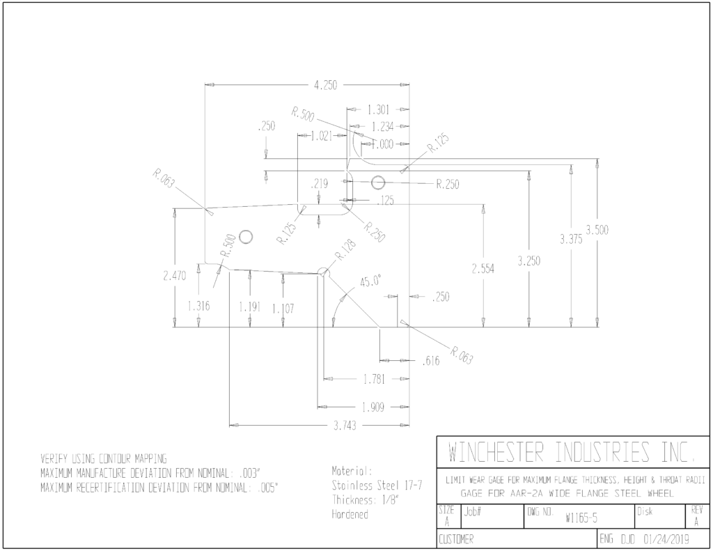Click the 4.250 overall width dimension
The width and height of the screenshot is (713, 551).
pos(326,85)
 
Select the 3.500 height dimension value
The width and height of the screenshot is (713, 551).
pos(597,230)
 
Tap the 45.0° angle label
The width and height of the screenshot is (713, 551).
pos(370,281)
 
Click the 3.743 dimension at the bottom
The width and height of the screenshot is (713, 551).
pos(345,426)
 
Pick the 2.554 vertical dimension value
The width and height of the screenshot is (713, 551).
pos(483,269)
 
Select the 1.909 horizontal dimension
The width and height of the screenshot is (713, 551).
pos(373,408)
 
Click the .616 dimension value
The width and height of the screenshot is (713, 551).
pos(430,361)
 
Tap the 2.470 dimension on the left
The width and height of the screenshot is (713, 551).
pos(175,276)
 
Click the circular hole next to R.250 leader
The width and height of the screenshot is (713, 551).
pos(378,183)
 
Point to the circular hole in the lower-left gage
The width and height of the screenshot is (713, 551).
pos(246,237)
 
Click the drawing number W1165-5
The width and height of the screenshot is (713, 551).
pos(581,518)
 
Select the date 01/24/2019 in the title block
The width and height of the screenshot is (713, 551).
pos(666,540)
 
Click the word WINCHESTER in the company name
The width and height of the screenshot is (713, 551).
pos(496,452)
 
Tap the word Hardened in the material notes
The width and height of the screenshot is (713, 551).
pos(350,515)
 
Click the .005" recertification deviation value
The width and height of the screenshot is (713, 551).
pos(267,488)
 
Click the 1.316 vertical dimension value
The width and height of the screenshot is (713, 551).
pos(198,306)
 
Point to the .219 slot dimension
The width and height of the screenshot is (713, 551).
pos(319,184)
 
